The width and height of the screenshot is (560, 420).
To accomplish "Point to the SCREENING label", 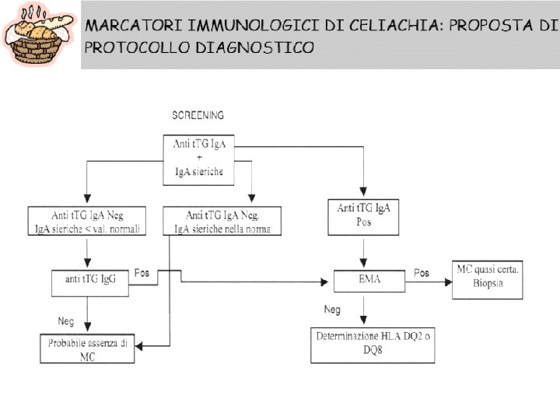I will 198,115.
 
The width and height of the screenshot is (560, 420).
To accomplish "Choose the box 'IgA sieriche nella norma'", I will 222,221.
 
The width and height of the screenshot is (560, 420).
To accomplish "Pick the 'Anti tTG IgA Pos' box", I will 363,215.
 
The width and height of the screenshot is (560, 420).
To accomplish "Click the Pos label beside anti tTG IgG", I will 142,273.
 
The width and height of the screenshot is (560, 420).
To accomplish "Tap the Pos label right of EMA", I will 421,273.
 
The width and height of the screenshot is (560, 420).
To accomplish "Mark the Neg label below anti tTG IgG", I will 66,320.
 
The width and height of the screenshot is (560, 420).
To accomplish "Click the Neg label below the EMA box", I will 332,310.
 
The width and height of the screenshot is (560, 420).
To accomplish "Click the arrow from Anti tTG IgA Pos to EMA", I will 363,252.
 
